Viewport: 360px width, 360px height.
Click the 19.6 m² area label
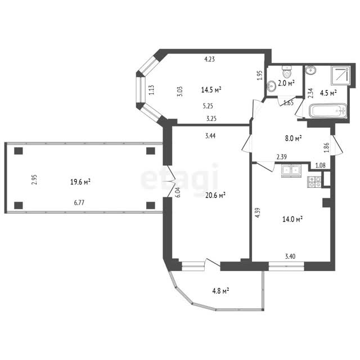pyautogui.click(x=80, y=182)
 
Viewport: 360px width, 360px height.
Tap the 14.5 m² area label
pyautogui.click(x=211, y=89)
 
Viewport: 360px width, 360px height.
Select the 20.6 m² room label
pyautogui.click(x=215, y=195)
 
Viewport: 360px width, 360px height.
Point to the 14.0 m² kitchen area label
pyautogui.click(x=292, y=219)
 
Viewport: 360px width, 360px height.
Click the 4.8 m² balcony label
pyautogui.click(x=220, y=291)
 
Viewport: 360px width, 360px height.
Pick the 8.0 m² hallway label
pyautogui.click(x=293, y=138)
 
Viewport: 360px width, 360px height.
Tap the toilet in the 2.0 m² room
pyautogui.click(x=286, y=71)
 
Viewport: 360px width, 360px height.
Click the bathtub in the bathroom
pyautogui.click(x=328, y=111)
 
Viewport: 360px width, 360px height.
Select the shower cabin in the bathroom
pyautogui.click(x=340, y=75)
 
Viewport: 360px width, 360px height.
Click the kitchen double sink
pyautogui.click(x=291, y=171)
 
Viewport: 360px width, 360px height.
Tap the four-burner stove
pyautogui.click(x=314, y=182)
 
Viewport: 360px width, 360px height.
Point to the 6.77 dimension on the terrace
pyautogui.click(x=79, y=202)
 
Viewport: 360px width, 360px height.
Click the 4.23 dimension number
pyautogui.click(x=210, y=59)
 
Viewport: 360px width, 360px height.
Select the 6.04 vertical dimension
pyautogui.click(x=178, y=192)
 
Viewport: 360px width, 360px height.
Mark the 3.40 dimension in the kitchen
pyautogui.click(x=290, y=256)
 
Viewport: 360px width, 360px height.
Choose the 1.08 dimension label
pyautogui.click(x=320, y=165)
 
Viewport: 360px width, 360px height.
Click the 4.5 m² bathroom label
pyautogui.click(x=328, y=93)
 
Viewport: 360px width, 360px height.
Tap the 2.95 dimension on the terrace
pyautogui.click(x=34, y=180)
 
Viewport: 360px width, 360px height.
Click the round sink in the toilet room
pyautogui.click(x=272, y=86)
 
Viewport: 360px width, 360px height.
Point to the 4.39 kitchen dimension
pyautogui.click(x=258, y=213)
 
